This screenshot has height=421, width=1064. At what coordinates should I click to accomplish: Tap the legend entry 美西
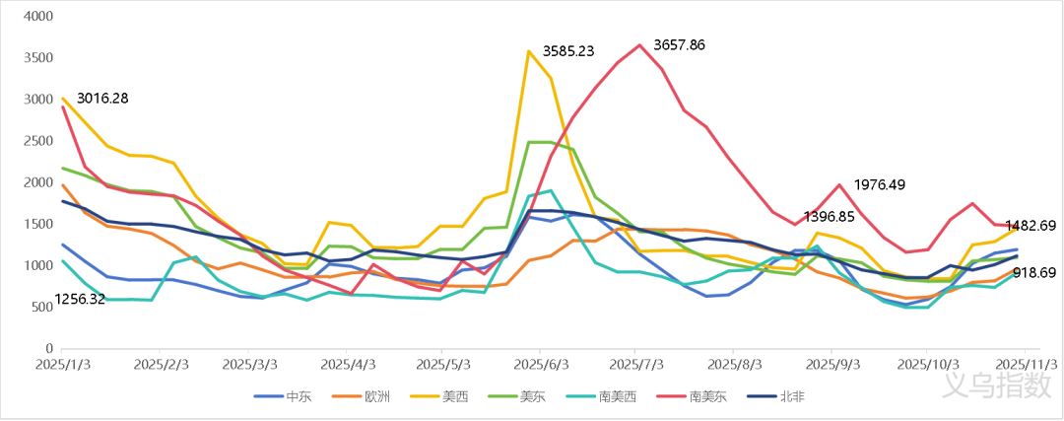coord(454,396)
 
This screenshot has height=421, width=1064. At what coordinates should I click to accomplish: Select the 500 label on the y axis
coord(41,308)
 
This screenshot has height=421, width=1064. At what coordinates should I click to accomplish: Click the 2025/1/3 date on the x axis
coord(61,364)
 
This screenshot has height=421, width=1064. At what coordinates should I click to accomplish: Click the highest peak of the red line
coord(640,44)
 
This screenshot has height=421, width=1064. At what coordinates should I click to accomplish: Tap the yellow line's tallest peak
coord(530,50)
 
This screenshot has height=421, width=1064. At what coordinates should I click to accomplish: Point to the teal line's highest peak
coord(550,190)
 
